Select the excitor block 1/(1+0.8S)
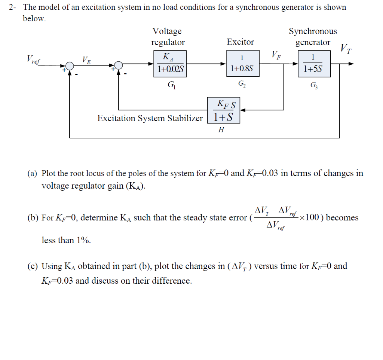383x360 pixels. pyautogui.click(x=242, y=64)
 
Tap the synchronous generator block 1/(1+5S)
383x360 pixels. pyautogui.click(x=314, y=64)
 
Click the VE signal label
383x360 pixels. pyautogui.click(x=86, y=59)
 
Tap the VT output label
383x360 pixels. pyautogui.click(x=346, y=48)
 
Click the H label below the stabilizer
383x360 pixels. pyautogui.click(x=221, y=129)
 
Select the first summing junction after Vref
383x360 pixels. pyautogui.click(x=70, y=64)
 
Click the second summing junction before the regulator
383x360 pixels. pyautogui.click(x=119, y=64)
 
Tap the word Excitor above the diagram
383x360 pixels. pyautogui.click(x=240, y=42)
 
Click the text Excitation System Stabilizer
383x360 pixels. pyautogui.click(x=150, y=118)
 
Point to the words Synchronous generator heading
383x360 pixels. pyautogui.click(x=313, y=37)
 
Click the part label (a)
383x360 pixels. pyautogui.click(x=32, y=173)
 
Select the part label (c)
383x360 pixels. pyautogui.click(x=32, y=266)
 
